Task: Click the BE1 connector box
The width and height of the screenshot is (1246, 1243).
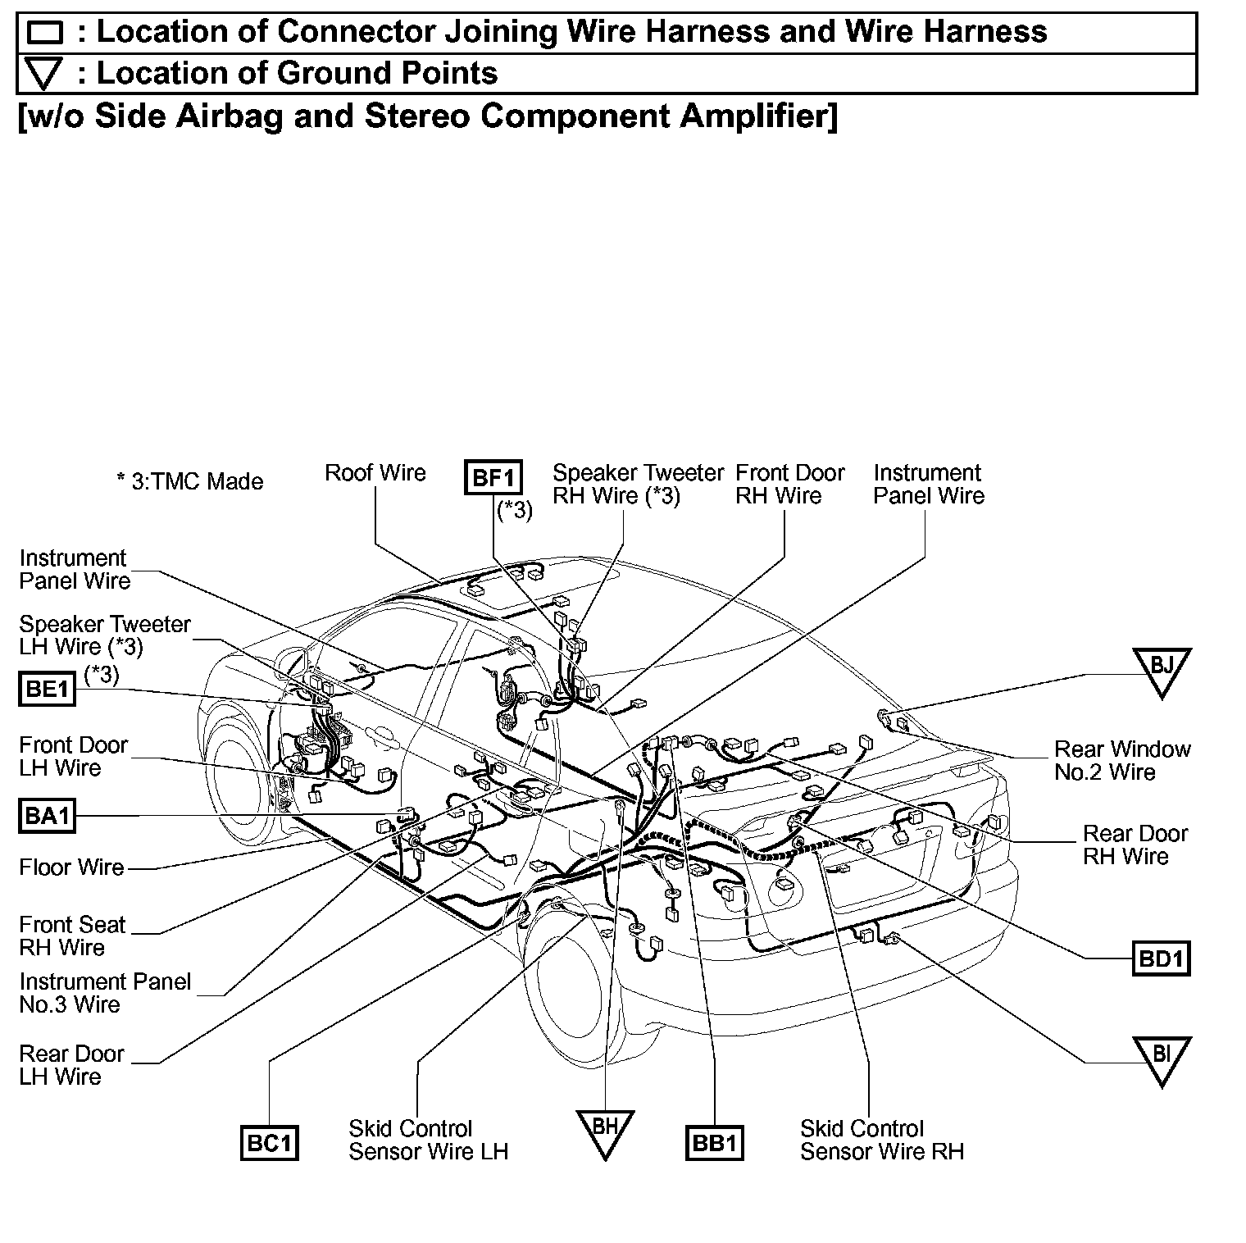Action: [x=47, y=689]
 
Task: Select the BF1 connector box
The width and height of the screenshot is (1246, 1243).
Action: [x=493, y=476]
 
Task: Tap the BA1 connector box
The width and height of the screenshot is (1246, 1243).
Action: [x=47, y=816]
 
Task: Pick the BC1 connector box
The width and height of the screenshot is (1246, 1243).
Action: [x=269, y=1143]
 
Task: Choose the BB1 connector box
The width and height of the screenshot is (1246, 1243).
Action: [x=714, y=1143]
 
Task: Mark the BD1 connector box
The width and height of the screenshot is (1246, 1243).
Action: [x=1160, y=958]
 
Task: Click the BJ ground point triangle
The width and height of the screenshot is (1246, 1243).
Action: [x=1161, y=668]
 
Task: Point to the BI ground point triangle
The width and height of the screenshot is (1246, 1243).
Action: [x=1161, y=1057]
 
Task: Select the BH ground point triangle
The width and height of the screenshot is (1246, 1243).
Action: [x=604, y=1130]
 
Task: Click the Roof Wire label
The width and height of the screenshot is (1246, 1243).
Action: [x=375, y=473]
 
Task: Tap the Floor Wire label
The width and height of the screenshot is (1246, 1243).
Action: [x=71, y=867]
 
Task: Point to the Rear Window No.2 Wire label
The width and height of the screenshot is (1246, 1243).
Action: [x=1121, y=760]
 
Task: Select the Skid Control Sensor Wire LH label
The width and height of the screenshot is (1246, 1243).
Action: [x=428, y=1140]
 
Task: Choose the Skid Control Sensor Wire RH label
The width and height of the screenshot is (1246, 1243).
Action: [x=881, y=1140]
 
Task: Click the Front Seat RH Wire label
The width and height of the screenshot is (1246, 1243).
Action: [x=72, y=936]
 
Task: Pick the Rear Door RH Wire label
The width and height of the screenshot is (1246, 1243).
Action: [x=1135, y=845]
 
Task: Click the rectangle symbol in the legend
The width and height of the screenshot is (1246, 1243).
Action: [x=45, y=33]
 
